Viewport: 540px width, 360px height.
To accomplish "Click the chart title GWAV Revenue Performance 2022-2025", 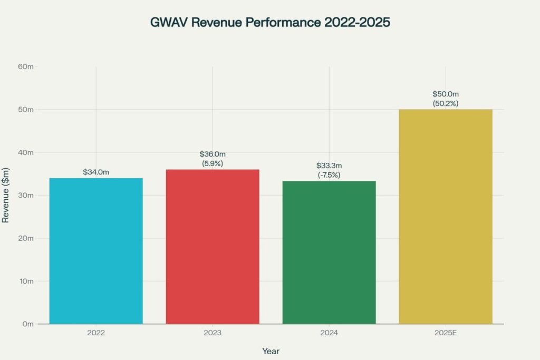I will pyautogui.click(x=270, y=23).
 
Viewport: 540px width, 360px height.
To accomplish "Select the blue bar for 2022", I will pyautogui.click(x=96, y=251).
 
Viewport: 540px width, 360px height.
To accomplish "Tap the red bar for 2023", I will pyautogui.click(x=213, y=247).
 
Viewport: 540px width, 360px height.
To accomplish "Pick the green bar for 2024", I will pyautogui.click(x=329, y=252).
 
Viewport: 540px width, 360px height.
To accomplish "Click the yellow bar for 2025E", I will pyautogui.click(x=446, y=217).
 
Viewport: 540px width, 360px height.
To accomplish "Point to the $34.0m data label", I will pyautogui.click(x=96, y=172).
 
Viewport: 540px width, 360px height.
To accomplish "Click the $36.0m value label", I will pyautogui.click(x=213, y=154).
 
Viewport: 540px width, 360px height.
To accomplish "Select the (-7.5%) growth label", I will pyautogui.click(x=329, y=175).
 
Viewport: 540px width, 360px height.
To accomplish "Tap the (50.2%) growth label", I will pyautogui.click(x=446, y=103).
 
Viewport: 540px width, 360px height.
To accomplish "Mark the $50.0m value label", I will pyautogui.click(x=446, y=94).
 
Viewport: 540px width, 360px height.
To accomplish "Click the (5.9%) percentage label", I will pyautogui.click(x=213, y=163).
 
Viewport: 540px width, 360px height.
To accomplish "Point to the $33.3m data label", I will pyautogui.click(x=329, y=166).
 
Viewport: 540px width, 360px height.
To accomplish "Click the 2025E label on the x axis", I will pyautogui.click(x=446, y=333).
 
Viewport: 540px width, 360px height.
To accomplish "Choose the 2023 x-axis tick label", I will pyautogui.click(x=213, y=333).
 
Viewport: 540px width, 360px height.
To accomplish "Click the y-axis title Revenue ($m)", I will pyautogui.click(x=6, y=196).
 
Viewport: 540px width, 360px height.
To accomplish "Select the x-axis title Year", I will pyautogui.click(x=271, y=351).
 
